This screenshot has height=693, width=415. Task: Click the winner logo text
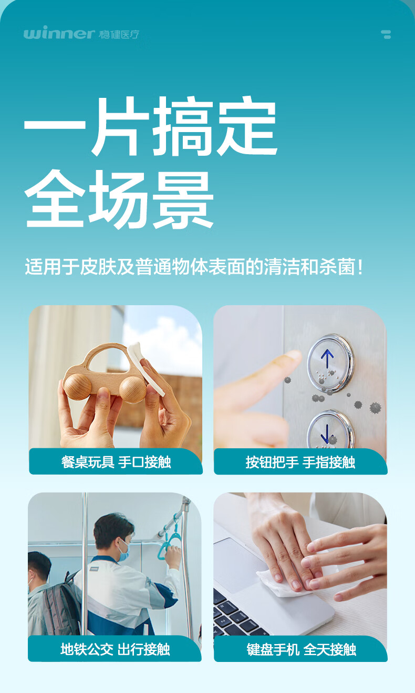(59, 34)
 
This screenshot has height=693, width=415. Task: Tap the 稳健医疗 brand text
(119, 35)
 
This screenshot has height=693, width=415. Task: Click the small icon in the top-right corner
(386, 35)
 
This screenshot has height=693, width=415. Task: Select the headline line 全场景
(119, 199)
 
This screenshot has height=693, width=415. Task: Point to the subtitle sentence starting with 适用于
(194, 266)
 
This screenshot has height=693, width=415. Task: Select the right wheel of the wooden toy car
(132, 389)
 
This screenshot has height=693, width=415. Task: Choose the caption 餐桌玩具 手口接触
(116, 462)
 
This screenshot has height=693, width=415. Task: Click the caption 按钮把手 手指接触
(300, 462)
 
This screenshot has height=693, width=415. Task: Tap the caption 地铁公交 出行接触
(115, 649)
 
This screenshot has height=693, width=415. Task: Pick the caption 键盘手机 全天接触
(301, 649)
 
